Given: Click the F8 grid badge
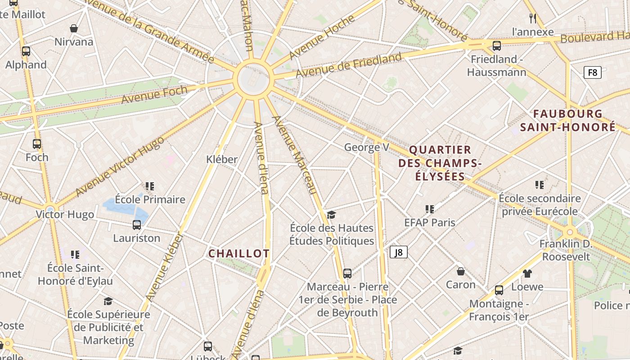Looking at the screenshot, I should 593,72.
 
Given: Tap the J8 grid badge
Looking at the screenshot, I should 398,252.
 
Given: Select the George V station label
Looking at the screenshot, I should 366,147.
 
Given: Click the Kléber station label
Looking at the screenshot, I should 222,159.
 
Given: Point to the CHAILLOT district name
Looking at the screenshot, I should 238,253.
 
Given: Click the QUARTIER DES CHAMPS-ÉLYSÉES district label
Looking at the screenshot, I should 440,163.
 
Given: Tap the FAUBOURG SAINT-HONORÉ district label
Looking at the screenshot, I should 567,121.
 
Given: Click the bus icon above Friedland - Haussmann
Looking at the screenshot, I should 497,45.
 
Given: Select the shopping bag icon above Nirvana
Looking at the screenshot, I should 74,28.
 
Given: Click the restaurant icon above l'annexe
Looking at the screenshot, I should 533,18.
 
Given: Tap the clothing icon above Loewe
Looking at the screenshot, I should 527,273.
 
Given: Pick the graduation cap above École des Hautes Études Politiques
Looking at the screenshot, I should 332,215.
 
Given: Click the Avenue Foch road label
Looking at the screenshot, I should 154,94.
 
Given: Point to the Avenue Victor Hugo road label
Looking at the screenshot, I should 119,166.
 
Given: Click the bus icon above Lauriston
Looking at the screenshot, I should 136,225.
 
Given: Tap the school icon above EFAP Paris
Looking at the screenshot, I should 430,209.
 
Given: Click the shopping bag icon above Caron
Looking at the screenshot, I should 461,271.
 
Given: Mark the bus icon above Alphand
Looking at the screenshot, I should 26,51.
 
